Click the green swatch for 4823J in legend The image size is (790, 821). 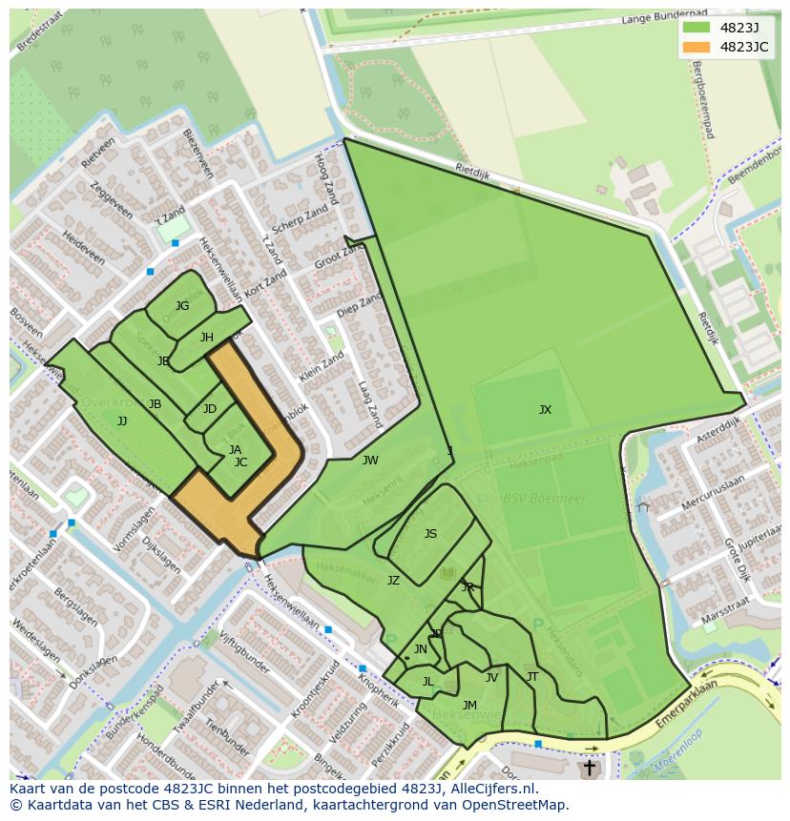[x=696, y=27]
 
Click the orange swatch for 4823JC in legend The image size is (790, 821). [x=696, y=47]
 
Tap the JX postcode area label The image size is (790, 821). [x=545, y=410]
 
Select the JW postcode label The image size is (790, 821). [x=370, y=461]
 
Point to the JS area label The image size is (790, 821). [x=430, y=534]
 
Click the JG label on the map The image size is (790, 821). [x=182, y=306]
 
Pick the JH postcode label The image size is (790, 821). [x=207, y=338]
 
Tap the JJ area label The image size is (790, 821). [x=122, y=421]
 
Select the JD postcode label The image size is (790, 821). [x=210, y=409]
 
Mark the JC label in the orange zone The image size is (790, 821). [x=240, y=462]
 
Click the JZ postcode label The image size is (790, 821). [x=393, y=580]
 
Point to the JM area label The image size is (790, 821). [x=469, y=706]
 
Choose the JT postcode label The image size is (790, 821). [x=532, y=677]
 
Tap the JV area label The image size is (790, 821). [x=491, y=678]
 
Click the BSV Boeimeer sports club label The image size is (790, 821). [x=531, y=499]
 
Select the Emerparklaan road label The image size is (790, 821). [x=686, y=702]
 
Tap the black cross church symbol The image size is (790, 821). [x=589, y=767]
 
